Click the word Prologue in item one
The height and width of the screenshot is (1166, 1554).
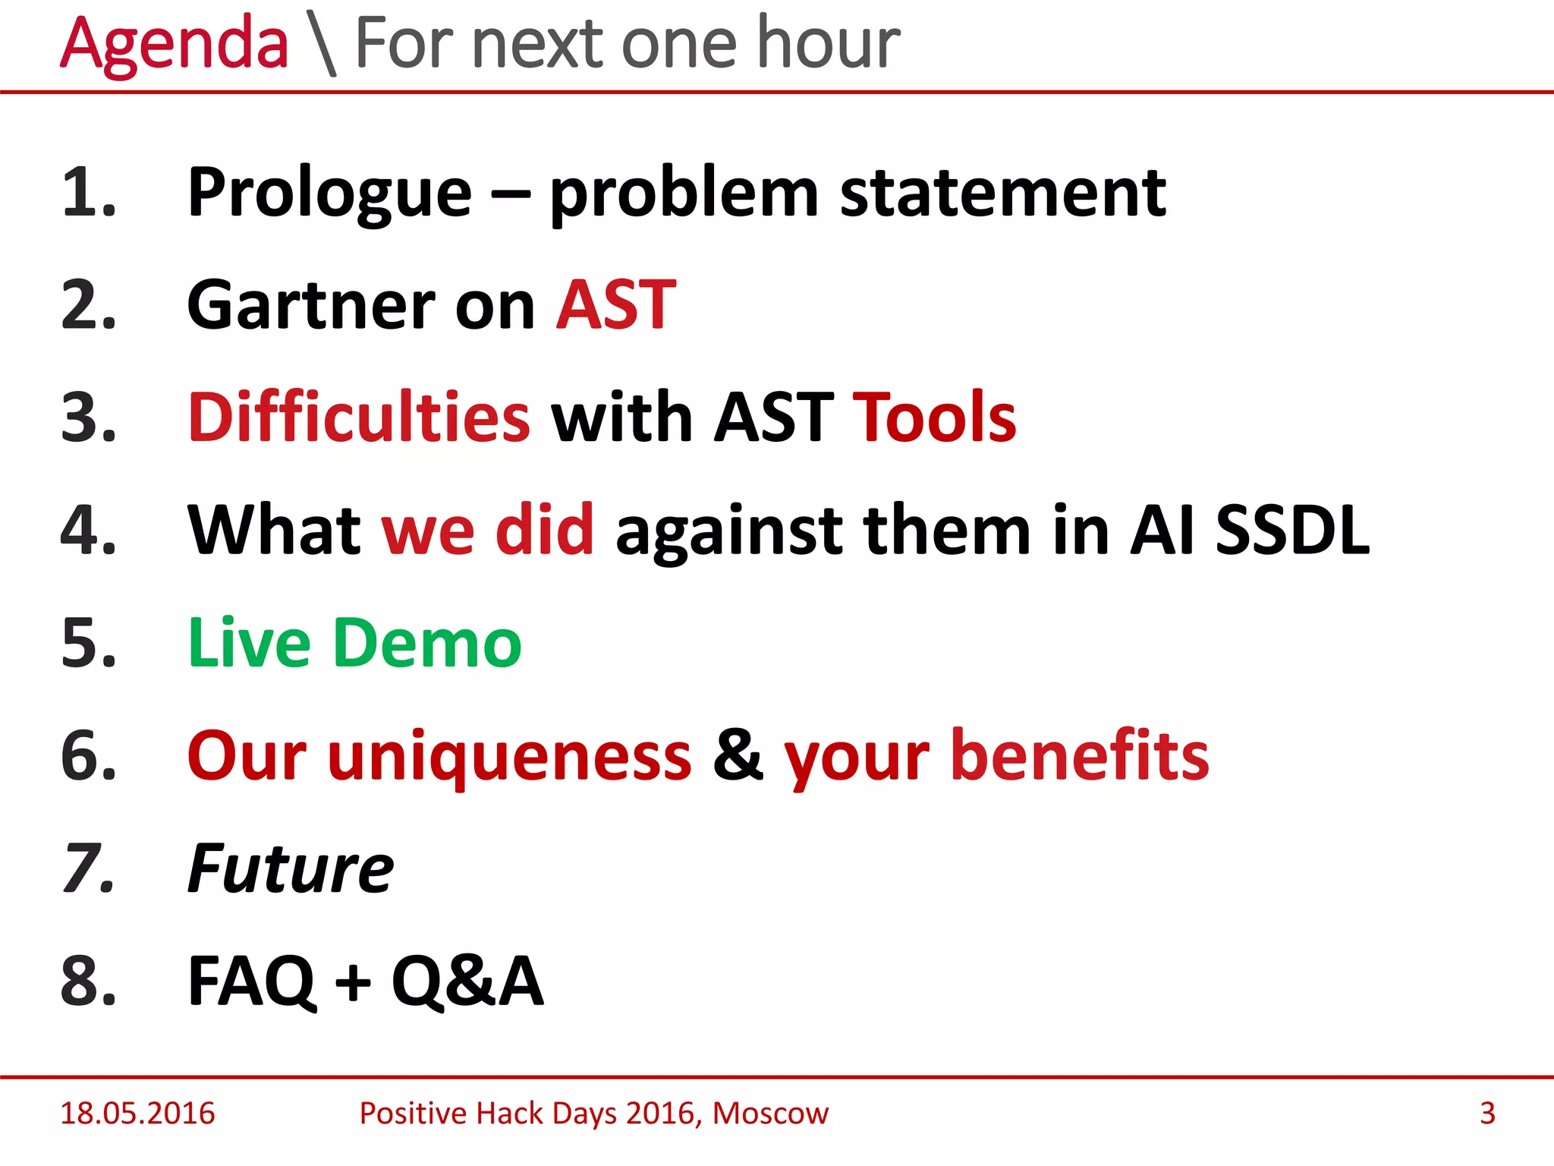point(329,194)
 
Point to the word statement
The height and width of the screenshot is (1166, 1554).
point(1002,194)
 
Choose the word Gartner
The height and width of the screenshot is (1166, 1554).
point(310,306)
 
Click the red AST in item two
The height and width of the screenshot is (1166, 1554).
point(615,306)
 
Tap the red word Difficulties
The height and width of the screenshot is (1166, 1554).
point(359,418)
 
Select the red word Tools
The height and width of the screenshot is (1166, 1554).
point(934,418)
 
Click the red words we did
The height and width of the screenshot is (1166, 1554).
point(487,530)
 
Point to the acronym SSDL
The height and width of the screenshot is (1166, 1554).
point(1292,530)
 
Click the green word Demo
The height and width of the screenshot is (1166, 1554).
point(427,643)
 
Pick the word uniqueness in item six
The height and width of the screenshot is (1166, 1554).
point(509,756)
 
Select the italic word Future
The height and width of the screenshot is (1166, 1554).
point(291,868)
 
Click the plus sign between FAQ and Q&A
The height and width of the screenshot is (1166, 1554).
point(353,982)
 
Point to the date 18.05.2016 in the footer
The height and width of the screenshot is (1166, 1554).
point(137,1114)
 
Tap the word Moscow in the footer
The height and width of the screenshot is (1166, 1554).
point(770,1114)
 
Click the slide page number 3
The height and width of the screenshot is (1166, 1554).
point(1487,1114)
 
